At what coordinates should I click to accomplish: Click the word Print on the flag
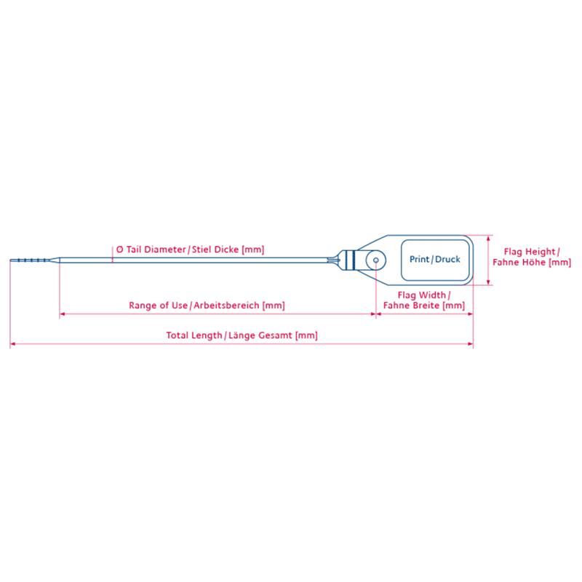click(x=419, y=259)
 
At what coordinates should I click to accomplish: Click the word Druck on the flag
click(x=447, y=259)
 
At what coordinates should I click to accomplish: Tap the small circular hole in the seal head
click(x=376, y=260)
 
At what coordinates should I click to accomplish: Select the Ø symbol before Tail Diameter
click(x=119, y=250)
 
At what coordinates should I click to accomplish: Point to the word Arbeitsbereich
click(x=226, y=306)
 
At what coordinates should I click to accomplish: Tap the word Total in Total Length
click(x=177, y=335)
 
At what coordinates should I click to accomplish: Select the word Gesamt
click(x=275, y=335)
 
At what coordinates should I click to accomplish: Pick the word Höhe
click(x=534, y=262)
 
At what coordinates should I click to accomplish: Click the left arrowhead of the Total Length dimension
click(x=12, y=344)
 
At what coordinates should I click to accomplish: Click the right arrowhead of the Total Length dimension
click(x=470, y=344)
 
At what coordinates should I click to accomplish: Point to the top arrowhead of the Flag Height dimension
click(x=488, y=238)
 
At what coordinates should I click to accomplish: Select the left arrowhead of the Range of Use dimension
click(x=63, y=314)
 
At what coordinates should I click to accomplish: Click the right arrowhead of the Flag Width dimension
click(x=470, y=314)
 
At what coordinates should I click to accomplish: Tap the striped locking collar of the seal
click(x=348, y=260)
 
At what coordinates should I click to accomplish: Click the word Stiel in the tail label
click(x=202, y=250)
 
